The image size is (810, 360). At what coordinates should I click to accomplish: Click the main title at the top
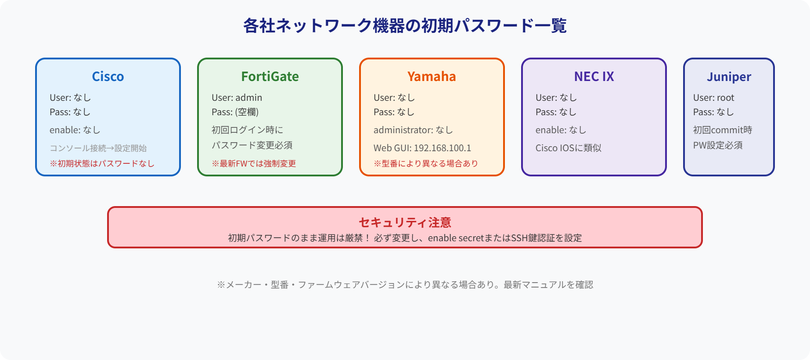[405, 26]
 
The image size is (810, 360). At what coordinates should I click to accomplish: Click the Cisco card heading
[108, 76]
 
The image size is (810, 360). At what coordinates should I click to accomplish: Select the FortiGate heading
[270, 76]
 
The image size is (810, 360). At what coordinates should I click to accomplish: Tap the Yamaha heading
[432, 76]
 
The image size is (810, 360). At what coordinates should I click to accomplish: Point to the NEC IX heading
[594, 76]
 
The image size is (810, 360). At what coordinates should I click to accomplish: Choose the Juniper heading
[729, 77]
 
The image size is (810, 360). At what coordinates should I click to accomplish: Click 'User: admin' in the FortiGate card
[237, 98]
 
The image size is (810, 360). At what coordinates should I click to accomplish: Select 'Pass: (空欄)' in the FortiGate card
[235, 112]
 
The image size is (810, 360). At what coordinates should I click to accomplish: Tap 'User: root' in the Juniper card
[713, 98]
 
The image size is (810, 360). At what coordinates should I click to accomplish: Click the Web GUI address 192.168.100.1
[442, 148]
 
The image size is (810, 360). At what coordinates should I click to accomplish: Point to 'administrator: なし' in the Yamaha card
[413, 130]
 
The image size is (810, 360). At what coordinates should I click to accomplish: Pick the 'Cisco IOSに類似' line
[568, 148]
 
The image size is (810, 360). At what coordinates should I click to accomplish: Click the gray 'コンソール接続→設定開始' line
[98, 148]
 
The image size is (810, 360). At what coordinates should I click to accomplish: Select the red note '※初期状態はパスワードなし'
[102, 163]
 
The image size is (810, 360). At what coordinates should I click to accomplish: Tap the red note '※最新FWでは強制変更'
[254, 163]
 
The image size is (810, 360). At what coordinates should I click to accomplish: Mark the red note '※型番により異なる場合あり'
[426, 163]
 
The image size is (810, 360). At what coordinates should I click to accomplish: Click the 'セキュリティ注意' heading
[405, 222]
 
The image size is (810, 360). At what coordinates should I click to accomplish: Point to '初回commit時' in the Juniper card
[722, 130]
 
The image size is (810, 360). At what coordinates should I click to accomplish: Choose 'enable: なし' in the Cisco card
[75, 130]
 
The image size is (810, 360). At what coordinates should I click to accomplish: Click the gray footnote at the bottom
[405, 284]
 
